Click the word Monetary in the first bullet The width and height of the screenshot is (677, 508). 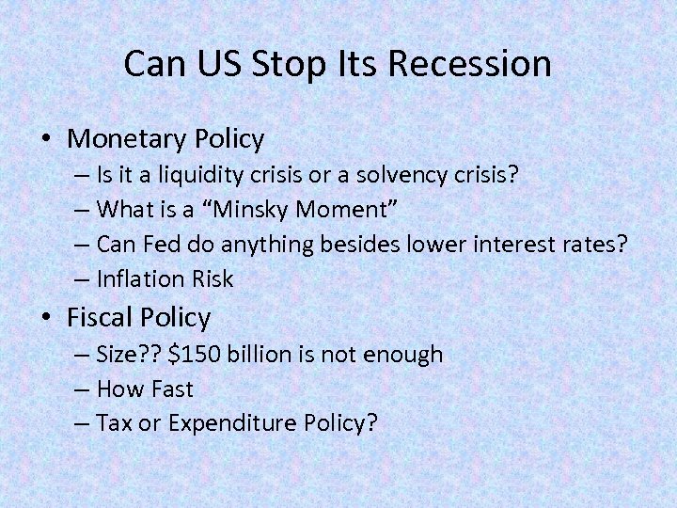click(x=129, y=139)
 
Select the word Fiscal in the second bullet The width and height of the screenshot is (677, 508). click(x=102, y=317)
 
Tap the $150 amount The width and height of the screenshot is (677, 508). click(x=191, y=355)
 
